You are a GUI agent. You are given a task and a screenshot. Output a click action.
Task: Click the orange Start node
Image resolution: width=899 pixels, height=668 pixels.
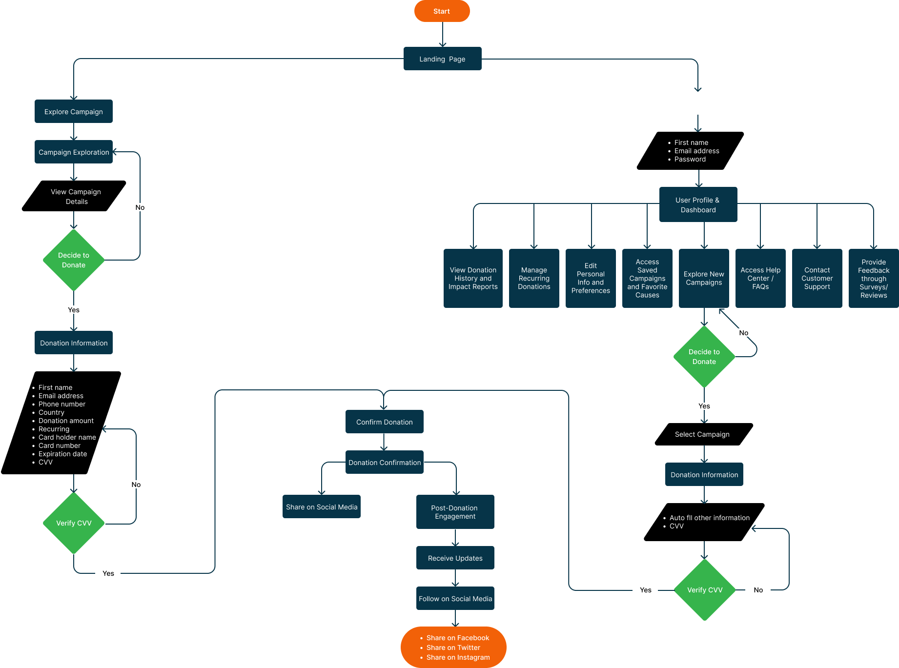[442, 11]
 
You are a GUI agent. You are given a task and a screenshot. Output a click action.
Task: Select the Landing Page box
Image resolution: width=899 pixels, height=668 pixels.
[442, 59]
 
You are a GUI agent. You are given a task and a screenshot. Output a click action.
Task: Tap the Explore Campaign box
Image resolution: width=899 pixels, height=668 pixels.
[74, 112]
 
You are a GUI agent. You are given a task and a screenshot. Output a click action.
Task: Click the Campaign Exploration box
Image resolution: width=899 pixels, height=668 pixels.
[74, 152]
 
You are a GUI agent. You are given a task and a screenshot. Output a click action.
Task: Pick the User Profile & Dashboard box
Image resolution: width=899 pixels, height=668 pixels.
[698, 205]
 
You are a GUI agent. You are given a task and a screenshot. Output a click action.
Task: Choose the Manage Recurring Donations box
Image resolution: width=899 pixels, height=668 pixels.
[534, 278]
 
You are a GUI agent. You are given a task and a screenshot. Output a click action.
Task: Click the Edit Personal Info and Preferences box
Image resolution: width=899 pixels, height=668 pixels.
[591, 278]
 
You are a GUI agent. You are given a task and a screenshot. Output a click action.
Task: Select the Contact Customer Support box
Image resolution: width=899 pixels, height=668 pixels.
[817, 278]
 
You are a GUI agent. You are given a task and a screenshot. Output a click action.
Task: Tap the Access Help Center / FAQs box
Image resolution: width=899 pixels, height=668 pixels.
[760, 278]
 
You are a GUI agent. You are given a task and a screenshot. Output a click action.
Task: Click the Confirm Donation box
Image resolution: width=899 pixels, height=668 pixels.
[384, 422]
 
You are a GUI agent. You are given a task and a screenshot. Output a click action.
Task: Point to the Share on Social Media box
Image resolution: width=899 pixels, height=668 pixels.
[322, 507]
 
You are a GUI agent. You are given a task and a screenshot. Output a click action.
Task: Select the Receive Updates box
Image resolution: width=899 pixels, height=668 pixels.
[455, 558]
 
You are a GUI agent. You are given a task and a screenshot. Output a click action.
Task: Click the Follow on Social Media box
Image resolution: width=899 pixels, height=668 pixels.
[455, 599]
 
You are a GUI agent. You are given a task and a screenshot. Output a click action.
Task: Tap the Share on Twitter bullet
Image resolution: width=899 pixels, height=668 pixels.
[453, 648]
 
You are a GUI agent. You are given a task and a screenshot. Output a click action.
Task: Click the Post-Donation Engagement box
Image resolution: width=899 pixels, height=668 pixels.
[455, 512]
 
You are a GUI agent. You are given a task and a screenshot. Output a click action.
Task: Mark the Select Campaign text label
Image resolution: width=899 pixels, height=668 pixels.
[702, 434]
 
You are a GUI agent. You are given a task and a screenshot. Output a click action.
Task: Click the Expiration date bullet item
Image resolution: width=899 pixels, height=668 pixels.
[62, 454]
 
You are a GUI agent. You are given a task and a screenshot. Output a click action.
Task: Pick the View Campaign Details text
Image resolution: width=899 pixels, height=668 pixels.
[76, 197]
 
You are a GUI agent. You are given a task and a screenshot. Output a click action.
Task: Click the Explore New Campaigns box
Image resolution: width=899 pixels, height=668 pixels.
[704, 278]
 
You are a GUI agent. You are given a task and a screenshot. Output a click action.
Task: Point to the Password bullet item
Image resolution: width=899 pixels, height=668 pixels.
[690, 159]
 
